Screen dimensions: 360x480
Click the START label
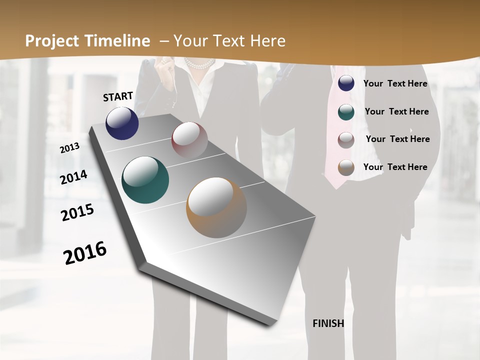click(118, 96)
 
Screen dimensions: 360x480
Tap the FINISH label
click(328, 323)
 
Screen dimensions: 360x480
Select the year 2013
click(69, 148)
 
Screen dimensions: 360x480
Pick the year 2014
click(73, 177)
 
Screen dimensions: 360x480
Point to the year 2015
click(77, 213)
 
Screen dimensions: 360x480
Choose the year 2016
click(85, 253)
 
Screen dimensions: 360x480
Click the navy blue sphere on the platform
click(122, 123)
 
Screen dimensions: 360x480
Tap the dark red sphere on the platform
click(189, 140)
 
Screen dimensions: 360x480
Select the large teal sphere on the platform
click(145, 180)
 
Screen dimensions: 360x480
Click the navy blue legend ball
click(346, 83)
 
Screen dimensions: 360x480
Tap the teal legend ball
click(346, 112)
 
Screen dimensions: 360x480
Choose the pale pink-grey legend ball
click(346, 140)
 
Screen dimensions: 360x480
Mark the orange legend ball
click(346, 168)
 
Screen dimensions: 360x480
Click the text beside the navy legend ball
click(395, 83)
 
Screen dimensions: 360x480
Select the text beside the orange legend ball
click(395, 167)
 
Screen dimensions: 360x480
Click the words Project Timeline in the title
click(87, 41)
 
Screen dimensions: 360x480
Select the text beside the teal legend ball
click(396, 111)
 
